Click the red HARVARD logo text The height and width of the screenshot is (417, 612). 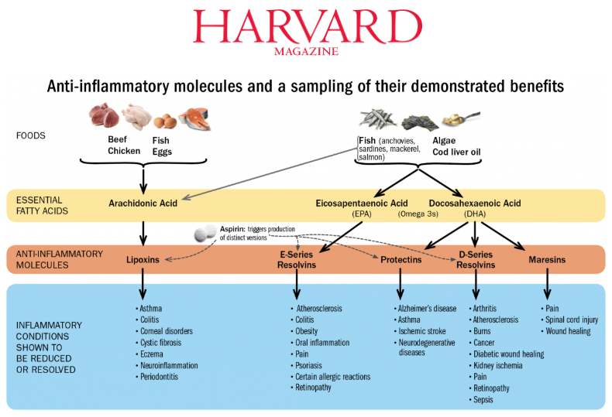pyautogui.click(x=308, y=26)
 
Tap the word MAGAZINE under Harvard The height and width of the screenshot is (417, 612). pyautogui.click(x=307, y=51)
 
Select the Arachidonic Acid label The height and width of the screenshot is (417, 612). pyautogui.click(x=143, y=203)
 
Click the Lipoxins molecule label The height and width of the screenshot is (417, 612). pyautogui.click(x=143, y=259)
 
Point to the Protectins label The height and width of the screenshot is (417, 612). pyautogui.click(x=401, y=259)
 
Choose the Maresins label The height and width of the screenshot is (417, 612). pyautogui.click(x=547, y=259)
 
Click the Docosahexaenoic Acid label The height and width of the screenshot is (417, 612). pyautogui.click(x=475, y=203)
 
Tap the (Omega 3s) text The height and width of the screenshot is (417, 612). pyautogui.click(x=418, y=214)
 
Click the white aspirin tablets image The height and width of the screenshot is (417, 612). pyautogui.click(x=205, y=233)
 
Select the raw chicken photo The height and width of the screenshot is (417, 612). pyautogui.click(x=136, y=116)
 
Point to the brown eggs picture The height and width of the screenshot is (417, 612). pyautogui.click(x=165, y=121)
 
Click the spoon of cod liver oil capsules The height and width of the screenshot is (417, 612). pyautogui.click(x=461, y=118)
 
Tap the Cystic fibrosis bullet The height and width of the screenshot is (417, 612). pyautogui.click(x=159, y=343)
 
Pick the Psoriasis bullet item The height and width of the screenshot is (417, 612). pyautogui.click(x=307, y=366)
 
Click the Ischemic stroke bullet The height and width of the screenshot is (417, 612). pyautogui.click(x=420, y=331)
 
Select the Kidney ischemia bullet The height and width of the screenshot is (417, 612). pyautogui.click(x=496, y=366)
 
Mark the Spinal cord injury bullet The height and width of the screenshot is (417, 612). pyautogui.click(x=569, y=320)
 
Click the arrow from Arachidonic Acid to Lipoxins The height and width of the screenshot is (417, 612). pyautogui.click(x=143, y=234)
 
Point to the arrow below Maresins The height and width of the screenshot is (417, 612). pyautogui.click(x=547, y=284)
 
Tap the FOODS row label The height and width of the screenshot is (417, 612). pyautogui.click(x=31, y=135)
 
